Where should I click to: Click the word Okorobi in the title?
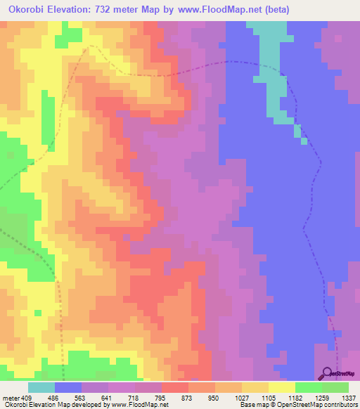pyautogui.click(x=28, y=10)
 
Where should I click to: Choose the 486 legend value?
pyautogui.click(x=55, y=398)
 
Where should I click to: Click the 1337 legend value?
pyautogui.click(x=349, y=398)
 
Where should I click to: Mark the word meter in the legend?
pyautogui.click(x=11, y=398)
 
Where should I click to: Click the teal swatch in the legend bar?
pyautogui.click(x=41, y=387)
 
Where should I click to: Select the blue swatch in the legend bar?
pyautogui.click(x=68, y=387)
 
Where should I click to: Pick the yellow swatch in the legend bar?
pyautogui.click(x=282, y=387)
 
